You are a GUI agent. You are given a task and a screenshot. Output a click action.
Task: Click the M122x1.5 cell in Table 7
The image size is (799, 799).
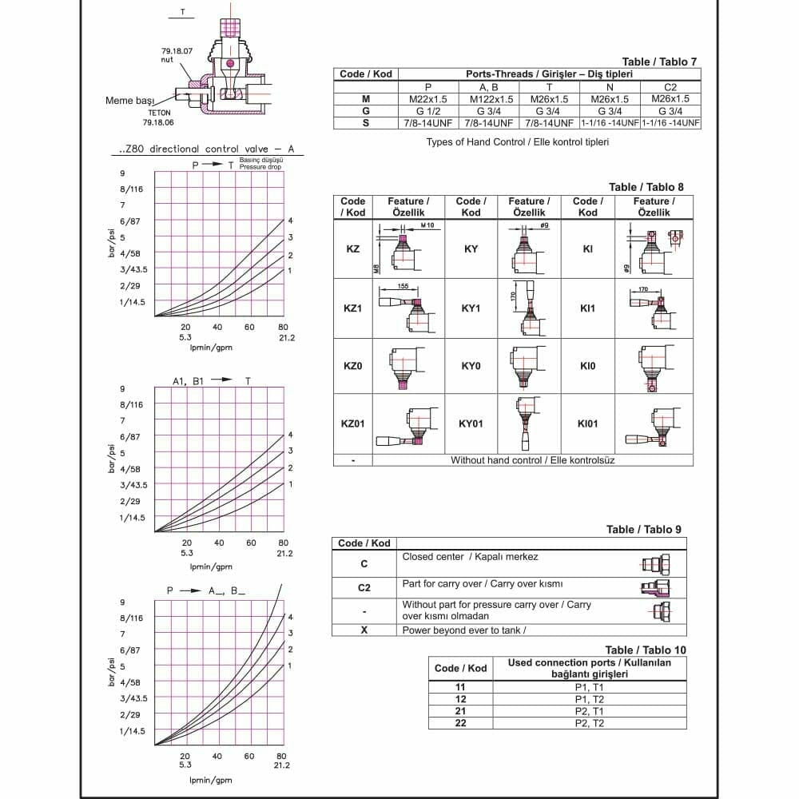488,99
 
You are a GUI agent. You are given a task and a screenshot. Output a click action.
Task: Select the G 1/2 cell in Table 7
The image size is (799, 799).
428,111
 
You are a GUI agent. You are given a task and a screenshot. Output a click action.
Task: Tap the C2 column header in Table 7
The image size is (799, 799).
670,86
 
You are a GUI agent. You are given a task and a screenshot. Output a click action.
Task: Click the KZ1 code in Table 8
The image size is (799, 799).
352,308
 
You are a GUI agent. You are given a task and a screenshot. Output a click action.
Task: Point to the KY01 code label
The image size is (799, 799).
471,423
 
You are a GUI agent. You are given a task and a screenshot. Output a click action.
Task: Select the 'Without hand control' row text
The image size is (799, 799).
532,460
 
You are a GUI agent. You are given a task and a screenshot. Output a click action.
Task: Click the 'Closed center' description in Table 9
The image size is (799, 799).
470,557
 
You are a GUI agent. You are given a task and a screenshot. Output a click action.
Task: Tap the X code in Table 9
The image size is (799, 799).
364,630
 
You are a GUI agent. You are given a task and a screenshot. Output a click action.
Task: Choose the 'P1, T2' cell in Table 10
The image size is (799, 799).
590,699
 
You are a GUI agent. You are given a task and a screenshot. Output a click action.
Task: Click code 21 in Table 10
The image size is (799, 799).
460,711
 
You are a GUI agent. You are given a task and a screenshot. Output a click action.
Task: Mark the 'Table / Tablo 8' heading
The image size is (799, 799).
646,187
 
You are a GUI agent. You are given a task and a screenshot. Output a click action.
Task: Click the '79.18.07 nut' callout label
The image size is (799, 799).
177,54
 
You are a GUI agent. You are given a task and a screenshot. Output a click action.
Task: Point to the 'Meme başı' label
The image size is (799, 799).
129,101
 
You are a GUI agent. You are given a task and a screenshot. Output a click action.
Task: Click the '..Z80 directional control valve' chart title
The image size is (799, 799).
205,149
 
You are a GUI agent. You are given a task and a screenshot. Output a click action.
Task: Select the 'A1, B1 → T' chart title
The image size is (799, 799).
211,381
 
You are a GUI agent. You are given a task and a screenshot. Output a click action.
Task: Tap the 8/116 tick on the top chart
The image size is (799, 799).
131,189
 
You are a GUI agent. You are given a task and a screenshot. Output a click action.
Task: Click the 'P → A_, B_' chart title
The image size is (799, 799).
205,590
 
